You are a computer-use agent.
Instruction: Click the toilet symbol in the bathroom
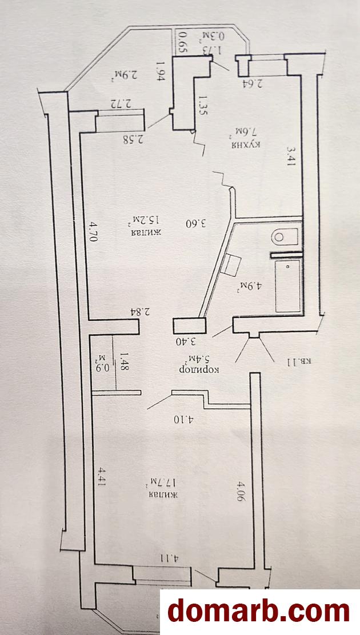(285, 236)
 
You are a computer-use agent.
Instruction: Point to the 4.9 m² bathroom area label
(247, 288)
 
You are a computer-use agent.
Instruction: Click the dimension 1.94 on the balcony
(160, 73)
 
